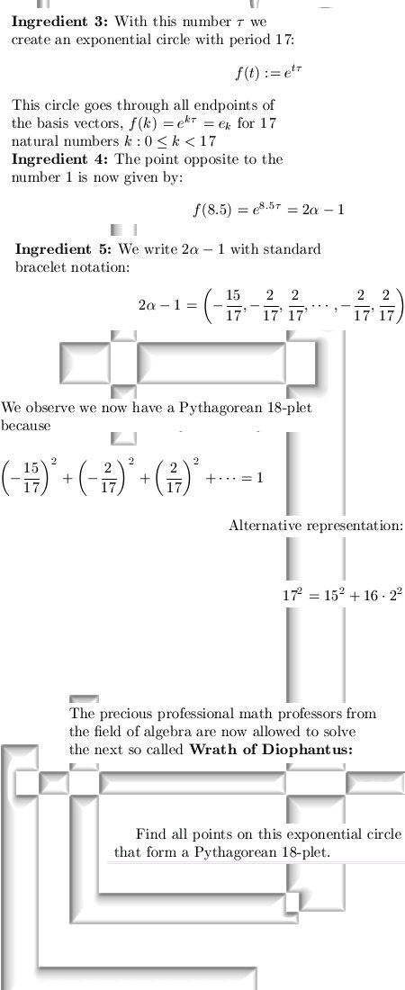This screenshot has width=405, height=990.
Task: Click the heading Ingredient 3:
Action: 60,22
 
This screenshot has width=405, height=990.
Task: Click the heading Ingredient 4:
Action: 60,159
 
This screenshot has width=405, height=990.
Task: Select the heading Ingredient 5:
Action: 63,248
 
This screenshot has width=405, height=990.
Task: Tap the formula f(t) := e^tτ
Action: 268,72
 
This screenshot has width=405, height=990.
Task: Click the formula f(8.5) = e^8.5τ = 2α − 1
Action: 268,209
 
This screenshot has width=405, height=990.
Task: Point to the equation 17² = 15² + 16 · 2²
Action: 342,595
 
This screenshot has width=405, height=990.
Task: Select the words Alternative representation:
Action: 316,526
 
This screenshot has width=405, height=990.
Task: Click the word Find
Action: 150,834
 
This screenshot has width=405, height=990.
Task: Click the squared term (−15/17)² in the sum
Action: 31,477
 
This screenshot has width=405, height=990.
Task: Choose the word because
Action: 26,426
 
